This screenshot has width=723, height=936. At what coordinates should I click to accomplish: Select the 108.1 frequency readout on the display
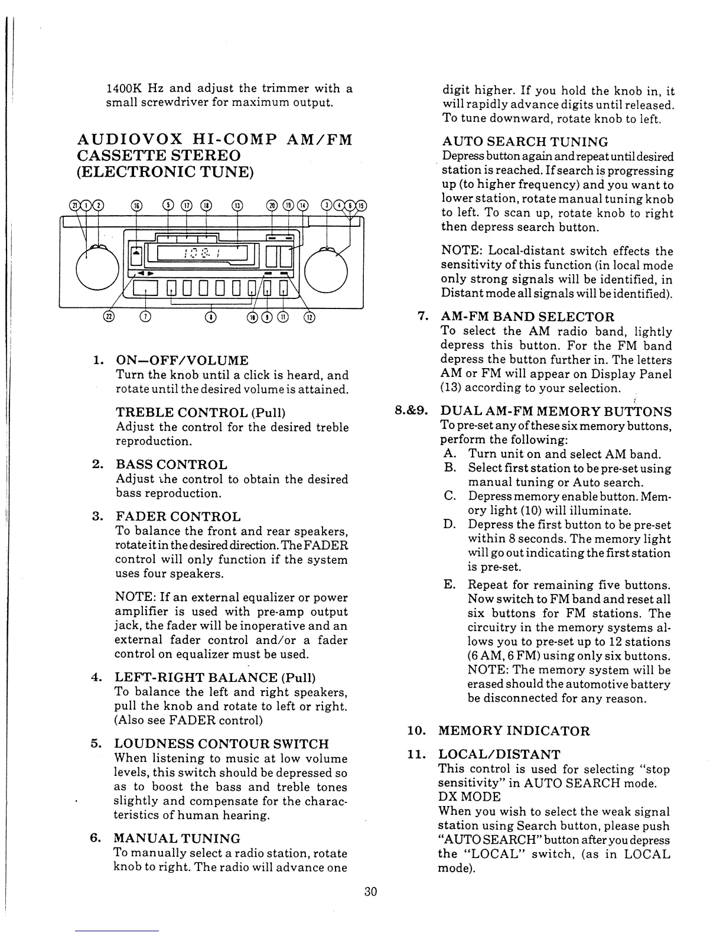[x=194, y=253]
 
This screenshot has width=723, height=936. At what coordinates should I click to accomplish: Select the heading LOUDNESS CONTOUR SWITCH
[x=221, y=744]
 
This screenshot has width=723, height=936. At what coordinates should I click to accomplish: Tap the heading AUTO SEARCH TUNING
[x=525, y=142]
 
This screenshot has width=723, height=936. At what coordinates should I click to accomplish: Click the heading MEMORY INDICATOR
[x=514, y=731]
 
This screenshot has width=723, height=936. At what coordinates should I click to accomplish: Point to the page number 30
[x=370, y=892]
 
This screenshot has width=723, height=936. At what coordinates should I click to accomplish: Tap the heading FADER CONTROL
[x=178, y=517]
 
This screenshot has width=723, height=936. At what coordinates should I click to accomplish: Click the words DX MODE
[x=469, y=797]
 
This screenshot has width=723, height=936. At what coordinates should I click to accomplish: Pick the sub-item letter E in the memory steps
[x=450, y=585]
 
